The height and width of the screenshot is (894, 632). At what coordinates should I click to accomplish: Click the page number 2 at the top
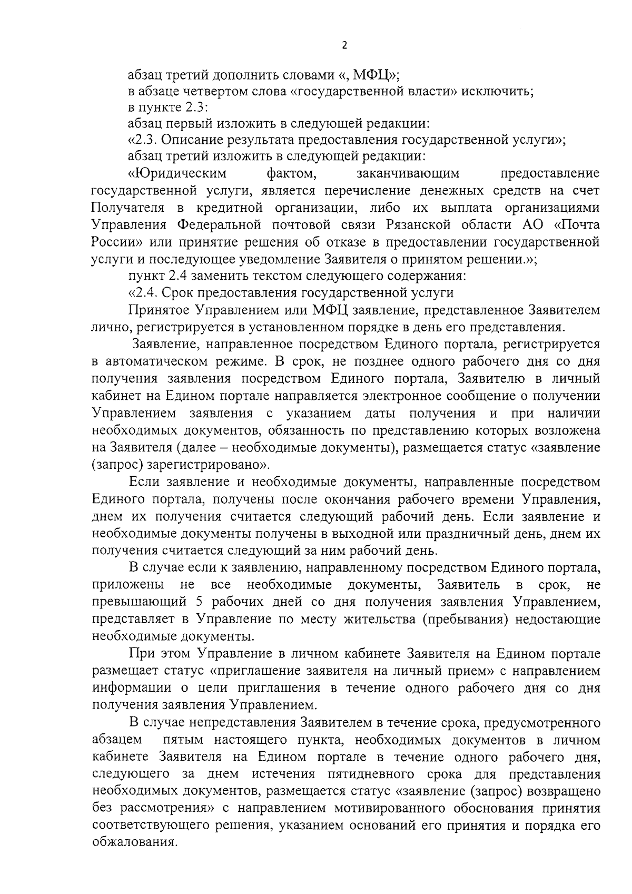pyautogui.click(x=344, y=45)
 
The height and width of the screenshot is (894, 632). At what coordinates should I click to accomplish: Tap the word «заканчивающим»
pyautogui.click(x=408, y=173)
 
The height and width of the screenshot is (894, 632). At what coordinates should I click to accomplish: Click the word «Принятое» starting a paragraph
pyautogui.click(x=159, y=310)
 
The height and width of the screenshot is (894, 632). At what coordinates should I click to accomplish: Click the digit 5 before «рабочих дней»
pyautogui.click(x=199, y=603)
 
